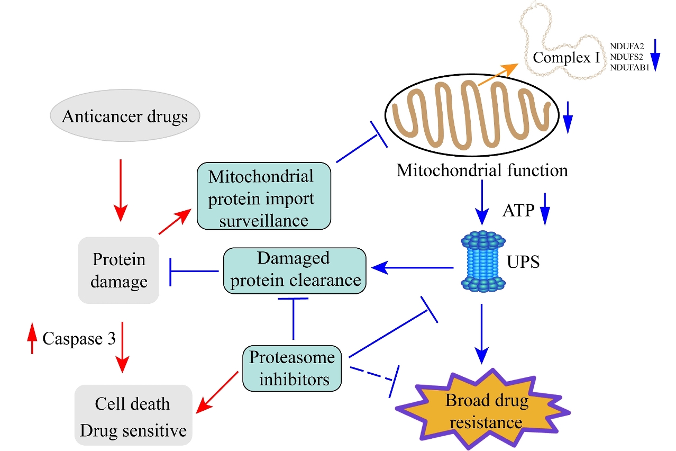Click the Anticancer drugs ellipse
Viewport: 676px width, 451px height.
125,116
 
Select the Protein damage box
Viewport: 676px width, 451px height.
118,270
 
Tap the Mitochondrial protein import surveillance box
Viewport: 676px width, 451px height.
264,196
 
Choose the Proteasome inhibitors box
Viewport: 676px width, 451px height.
292,368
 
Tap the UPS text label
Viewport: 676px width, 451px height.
523,261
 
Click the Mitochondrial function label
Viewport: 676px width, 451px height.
482,170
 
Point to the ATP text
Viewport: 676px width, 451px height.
518,213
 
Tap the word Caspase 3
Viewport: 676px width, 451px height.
79,338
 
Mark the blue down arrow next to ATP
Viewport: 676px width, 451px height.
545,213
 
